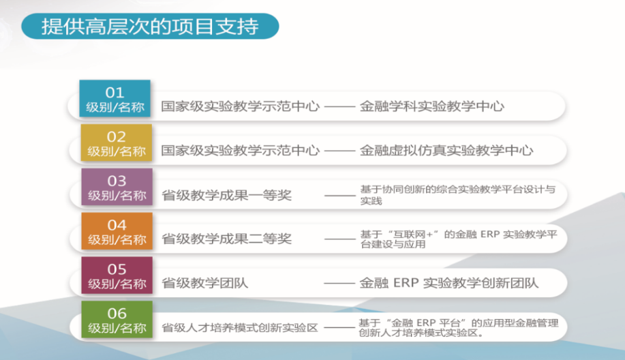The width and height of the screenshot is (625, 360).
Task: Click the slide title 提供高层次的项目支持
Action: point(150,27)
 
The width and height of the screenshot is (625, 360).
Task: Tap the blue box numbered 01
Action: point(115,98)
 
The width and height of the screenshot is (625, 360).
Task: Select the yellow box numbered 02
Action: point(116,142)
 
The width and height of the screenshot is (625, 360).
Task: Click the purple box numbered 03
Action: point(117,187)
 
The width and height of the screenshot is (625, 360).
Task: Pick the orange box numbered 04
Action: point(117,231)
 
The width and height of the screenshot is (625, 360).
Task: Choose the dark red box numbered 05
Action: point(117,275)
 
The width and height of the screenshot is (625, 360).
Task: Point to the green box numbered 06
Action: point(117,320)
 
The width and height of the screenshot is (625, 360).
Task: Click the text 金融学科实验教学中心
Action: point(432,106)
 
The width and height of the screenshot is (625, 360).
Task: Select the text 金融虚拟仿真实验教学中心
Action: point(446,150)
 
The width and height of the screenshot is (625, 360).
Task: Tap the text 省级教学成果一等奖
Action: point(226,196)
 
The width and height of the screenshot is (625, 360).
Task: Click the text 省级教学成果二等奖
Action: point(226,239)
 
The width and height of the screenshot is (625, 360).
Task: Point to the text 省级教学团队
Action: point(205,283)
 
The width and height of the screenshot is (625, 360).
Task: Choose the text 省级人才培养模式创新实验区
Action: point(239,328)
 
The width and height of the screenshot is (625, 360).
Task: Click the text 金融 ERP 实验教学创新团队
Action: point(449,283)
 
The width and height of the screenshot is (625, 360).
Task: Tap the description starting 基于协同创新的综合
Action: point(457,195)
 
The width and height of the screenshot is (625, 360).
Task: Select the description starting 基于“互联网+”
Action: point(459,239)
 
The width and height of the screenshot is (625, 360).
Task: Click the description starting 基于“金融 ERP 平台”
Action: point(459,327)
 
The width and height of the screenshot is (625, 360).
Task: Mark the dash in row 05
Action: point(339,283)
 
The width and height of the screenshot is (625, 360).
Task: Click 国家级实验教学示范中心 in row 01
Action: point(241,106)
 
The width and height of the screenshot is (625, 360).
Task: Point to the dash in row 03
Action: point(339,196)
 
